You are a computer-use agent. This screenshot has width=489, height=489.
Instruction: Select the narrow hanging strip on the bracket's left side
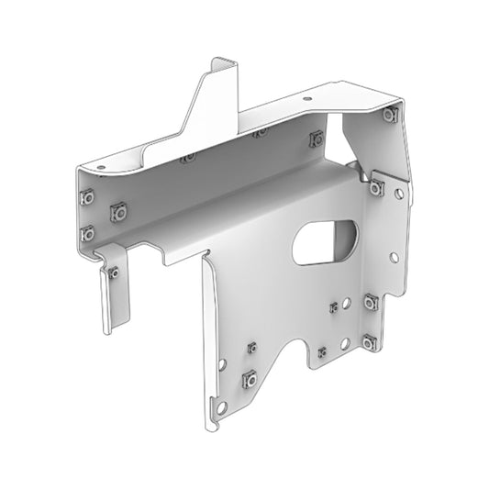113,294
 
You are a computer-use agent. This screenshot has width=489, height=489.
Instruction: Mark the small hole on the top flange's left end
102,168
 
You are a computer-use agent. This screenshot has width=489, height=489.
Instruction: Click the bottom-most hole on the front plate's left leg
219,406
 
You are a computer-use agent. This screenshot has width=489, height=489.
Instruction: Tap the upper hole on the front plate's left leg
227,364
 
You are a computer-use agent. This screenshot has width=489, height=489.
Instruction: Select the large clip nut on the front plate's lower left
247,380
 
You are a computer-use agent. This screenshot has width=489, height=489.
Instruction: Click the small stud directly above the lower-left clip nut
250,347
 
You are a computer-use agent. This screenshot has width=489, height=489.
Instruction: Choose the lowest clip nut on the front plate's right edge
369,342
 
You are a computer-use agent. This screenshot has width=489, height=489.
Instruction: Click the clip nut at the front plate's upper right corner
377,187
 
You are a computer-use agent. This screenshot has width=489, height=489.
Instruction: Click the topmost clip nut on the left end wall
87,196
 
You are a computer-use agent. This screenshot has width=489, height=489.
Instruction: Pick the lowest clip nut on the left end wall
87,232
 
